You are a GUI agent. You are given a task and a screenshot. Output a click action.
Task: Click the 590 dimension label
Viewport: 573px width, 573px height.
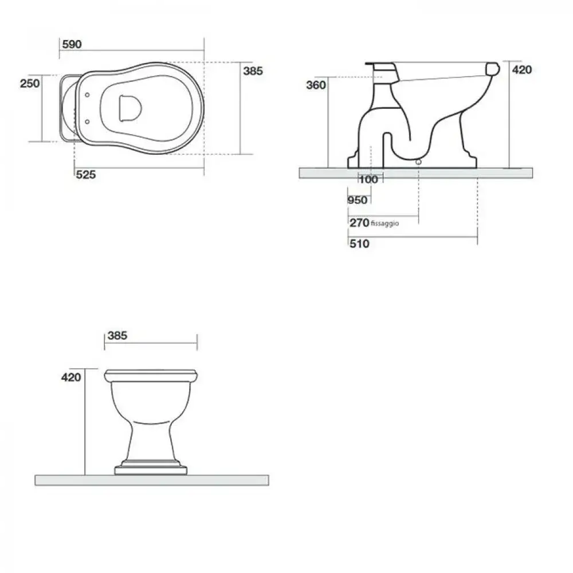click(72, 45)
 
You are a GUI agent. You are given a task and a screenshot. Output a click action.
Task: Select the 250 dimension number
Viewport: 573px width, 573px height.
click(30, 83)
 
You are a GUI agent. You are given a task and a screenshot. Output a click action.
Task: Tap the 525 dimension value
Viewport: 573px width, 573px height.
click(86, 175)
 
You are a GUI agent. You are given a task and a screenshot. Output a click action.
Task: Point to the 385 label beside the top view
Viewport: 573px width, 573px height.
click(253, 71)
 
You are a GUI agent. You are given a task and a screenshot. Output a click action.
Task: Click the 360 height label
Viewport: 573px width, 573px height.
click(316, 85)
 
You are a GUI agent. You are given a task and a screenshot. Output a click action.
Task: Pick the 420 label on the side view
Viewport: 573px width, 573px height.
click(522, 70)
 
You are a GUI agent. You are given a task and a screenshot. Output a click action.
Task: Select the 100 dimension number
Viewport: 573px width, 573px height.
click(368, 179)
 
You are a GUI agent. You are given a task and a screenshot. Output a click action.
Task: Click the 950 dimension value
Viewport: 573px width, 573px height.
click(358, 200)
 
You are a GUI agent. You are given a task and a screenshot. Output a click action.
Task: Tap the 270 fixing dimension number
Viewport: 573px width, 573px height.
click(359, 222)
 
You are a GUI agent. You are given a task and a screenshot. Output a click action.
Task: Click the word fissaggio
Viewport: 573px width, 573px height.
click(385, 223)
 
